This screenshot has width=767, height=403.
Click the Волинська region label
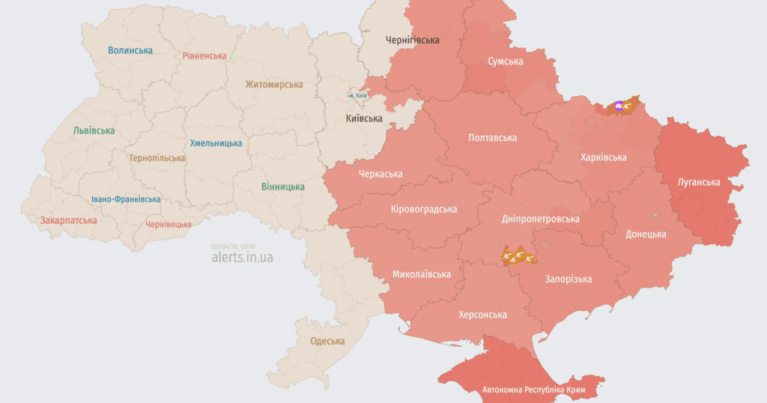click(130, 51)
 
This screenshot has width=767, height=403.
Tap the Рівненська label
click(204, 56)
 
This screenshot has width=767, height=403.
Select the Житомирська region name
click(275, 85)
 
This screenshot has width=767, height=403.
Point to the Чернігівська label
click(413, 40)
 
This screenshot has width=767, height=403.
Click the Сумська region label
click(506, 61)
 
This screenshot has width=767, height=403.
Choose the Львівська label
click(94, 131)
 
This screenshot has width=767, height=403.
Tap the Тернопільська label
click(157, 159)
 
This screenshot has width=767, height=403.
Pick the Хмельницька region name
click(216, 143)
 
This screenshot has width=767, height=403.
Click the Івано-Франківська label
click(126, 199)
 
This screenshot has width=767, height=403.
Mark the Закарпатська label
click(69, 221)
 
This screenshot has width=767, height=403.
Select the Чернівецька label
click(169, 224)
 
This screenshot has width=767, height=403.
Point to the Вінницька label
click(283, 187)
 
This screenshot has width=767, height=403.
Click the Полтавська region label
click(492, 138)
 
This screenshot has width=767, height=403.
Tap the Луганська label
click(699, 182)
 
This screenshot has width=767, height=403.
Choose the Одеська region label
click(328, 342)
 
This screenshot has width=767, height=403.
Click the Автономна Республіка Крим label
click(533, 390)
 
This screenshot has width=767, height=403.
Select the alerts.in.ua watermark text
click(243, 257)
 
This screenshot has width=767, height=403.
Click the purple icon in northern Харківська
click(619, 107)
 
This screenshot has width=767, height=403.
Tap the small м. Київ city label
click(357, 96)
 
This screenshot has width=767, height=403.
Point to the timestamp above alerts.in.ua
click(234, 246)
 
